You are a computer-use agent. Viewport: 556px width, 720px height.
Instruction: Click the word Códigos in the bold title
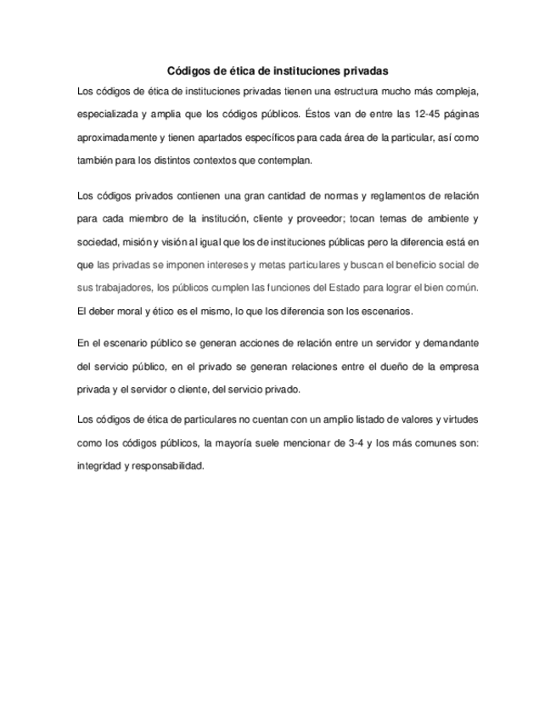click(187, 72)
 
